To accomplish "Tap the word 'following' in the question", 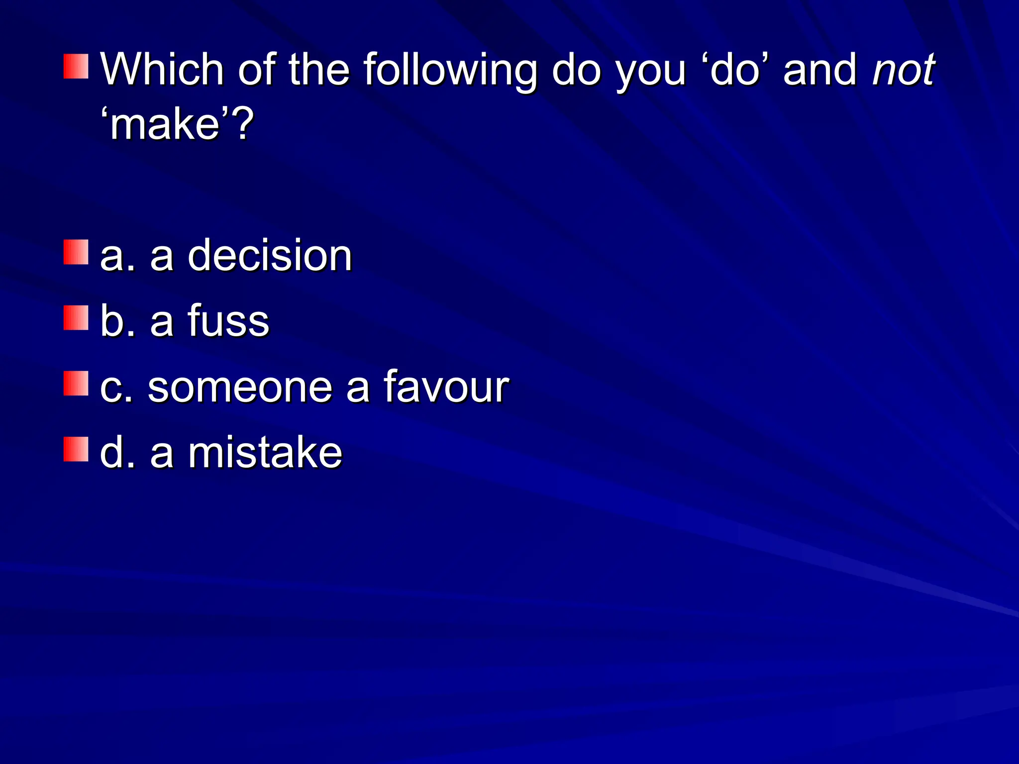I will click(x=450, y=70).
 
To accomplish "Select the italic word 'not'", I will click(x=904, y=70).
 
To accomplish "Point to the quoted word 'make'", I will click(x=165, y=124).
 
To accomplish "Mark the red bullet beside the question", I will click(x=76, y=67).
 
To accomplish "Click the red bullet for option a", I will click(x=76, y=252).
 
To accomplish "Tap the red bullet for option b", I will click(x=76, y=318).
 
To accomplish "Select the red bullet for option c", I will click(x=76, y=383).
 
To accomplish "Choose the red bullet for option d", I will click(x=76, y=450).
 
